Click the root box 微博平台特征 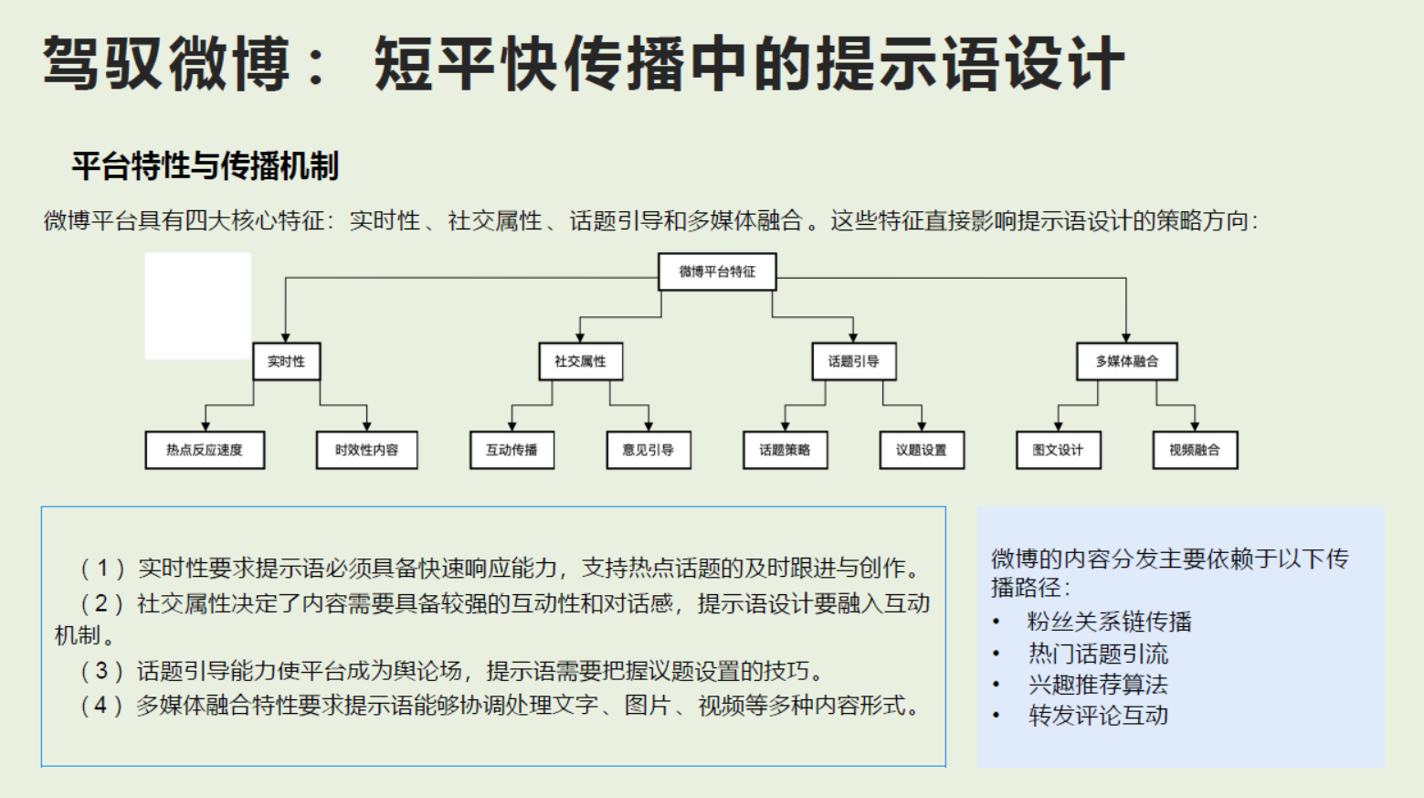tap(717, 271)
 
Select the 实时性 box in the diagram tap(286, 361)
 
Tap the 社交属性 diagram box tap(580, 361)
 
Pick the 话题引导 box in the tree tap(854, 361)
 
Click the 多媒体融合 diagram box tap(1126, 361)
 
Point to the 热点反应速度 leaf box tap(205, 450)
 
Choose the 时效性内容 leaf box tap(366, 450)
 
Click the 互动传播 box tap(512, 450)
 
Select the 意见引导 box tap(649, 450)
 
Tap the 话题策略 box tap(785, 450)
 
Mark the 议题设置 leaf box tap(922, 450)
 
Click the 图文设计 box tap(1058, 450)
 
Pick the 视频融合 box tap(1195, 450)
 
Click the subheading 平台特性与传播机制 tap(206, 166)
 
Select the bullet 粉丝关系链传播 tap(1109, 622)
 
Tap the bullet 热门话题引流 tap(1098, 654)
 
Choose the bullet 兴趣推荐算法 tap(1098, 685)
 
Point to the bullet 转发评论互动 tap(1098, 716)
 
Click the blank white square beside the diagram tap(198, 305)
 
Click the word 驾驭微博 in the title tap(166, 64)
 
